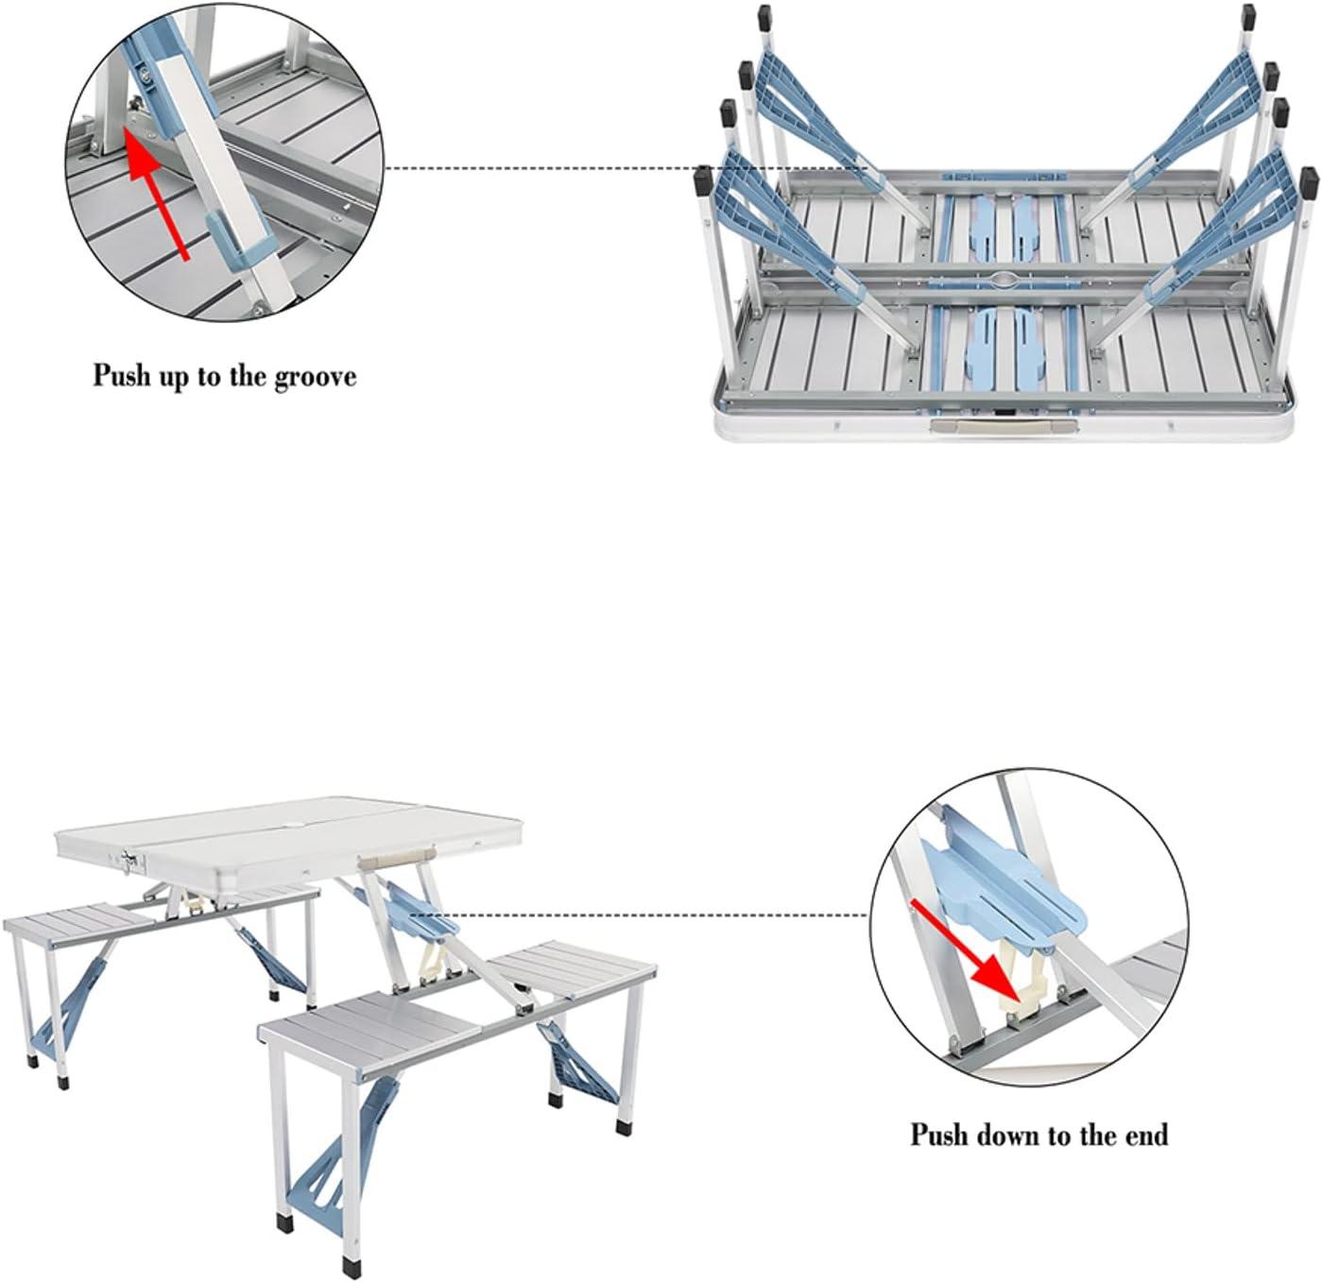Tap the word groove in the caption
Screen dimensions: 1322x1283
[x=316, y=376]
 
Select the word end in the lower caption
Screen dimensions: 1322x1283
[x=1144, y=1135]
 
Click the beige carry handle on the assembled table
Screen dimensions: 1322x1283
[x=395, y=859]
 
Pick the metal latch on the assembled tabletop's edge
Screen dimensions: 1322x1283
[x=131, y=862]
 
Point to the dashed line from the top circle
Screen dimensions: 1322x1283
[x=626, y=168]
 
